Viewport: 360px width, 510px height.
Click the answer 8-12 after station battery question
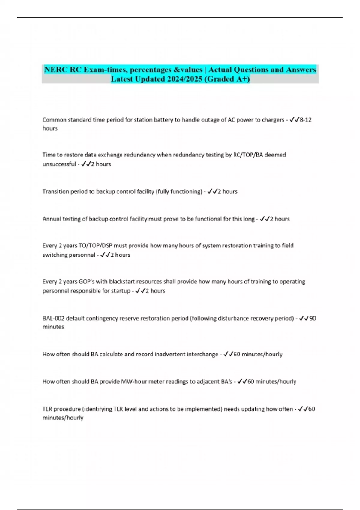(305, 120)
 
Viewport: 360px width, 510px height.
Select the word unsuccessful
(59, 164)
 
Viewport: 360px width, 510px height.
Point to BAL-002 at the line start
(53, 318)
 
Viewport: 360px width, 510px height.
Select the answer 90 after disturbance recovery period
(313, 318)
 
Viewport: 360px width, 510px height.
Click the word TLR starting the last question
(47, 409)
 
